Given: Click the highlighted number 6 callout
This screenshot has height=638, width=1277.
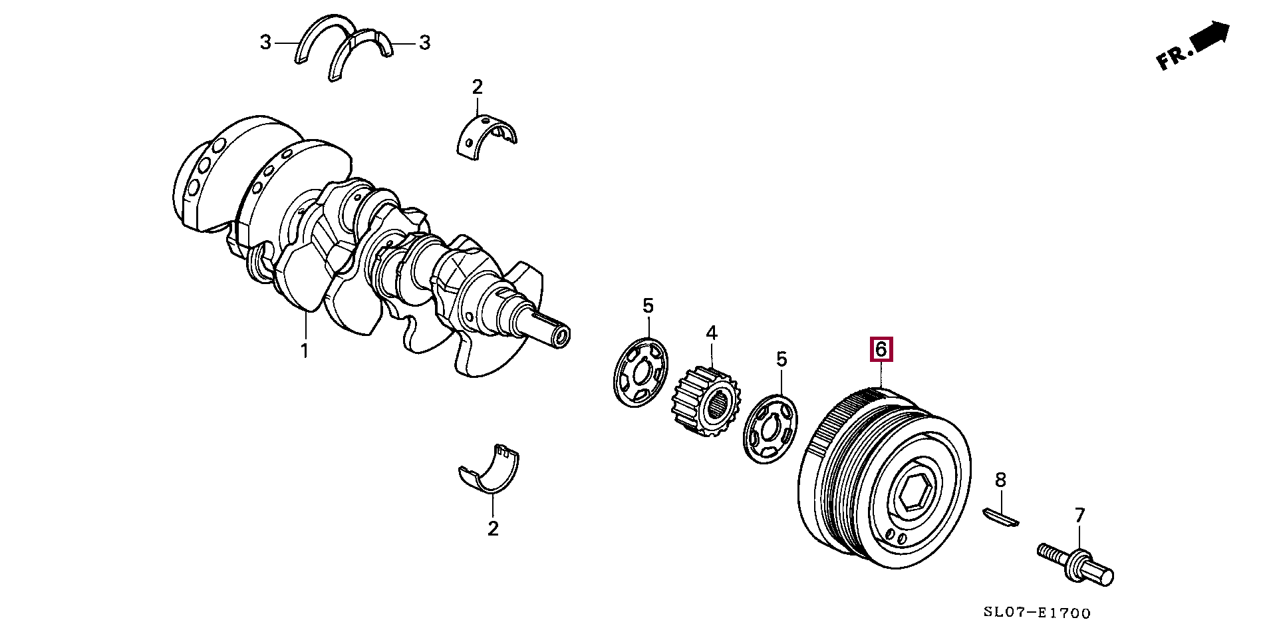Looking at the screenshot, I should [881, 349].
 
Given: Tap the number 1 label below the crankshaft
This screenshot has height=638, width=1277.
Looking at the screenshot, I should [305, 350].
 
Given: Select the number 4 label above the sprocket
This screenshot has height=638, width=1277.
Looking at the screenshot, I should [712, 333].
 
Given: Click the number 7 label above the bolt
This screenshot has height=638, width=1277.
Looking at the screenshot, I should [1079, 516].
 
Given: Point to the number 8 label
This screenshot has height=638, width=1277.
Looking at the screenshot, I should [1000, 480].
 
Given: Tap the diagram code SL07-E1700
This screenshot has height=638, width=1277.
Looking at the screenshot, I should [1037, 613].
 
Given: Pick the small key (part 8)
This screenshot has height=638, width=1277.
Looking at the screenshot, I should [1000, 518].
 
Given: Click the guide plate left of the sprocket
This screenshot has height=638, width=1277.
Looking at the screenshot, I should [640, 373].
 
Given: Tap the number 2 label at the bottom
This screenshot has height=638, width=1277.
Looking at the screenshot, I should [493, 529].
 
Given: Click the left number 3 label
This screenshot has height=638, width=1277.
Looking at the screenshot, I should [266, 43].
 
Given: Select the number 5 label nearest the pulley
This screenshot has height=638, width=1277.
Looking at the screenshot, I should [781, 360].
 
